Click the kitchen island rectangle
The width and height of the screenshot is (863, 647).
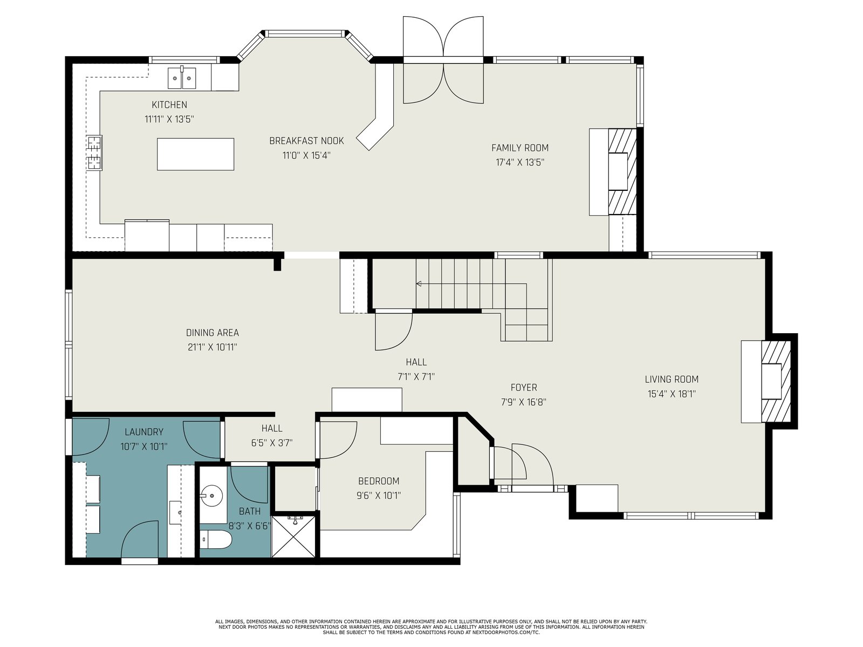pos(195,154)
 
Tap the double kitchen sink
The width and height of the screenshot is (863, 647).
pos(182,78)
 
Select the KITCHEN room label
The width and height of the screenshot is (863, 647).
pos(169,105)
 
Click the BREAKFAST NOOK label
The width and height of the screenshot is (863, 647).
pos(307,141)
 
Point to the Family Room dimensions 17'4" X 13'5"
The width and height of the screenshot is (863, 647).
pos(520,162)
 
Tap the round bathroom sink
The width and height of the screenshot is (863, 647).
pos(212,494)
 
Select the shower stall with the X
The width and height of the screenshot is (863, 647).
pos(293,536)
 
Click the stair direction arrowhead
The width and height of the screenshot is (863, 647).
pos(419,284)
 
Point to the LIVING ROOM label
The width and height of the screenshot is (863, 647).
pos(672,380)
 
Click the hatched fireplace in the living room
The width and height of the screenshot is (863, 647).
pos(776,381)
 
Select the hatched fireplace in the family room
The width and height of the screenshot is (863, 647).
pos(622,171)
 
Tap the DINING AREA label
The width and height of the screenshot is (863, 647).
pos(213,333)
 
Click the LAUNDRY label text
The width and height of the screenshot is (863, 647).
pos(144,432)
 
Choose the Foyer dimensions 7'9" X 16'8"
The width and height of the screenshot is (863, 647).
pos(524,402)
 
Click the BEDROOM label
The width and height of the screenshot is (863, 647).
pos(379,481)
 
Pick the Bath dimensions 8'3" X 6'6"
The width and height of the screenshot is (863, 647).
pos(250,526)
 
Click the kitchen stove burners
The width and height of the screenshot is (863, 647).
pos(94,153)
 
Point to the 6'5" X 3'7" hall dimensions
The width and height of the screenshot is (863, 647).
pos(272,443)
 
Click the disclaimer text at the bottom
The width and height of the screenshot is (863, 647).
pos(432,627)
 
